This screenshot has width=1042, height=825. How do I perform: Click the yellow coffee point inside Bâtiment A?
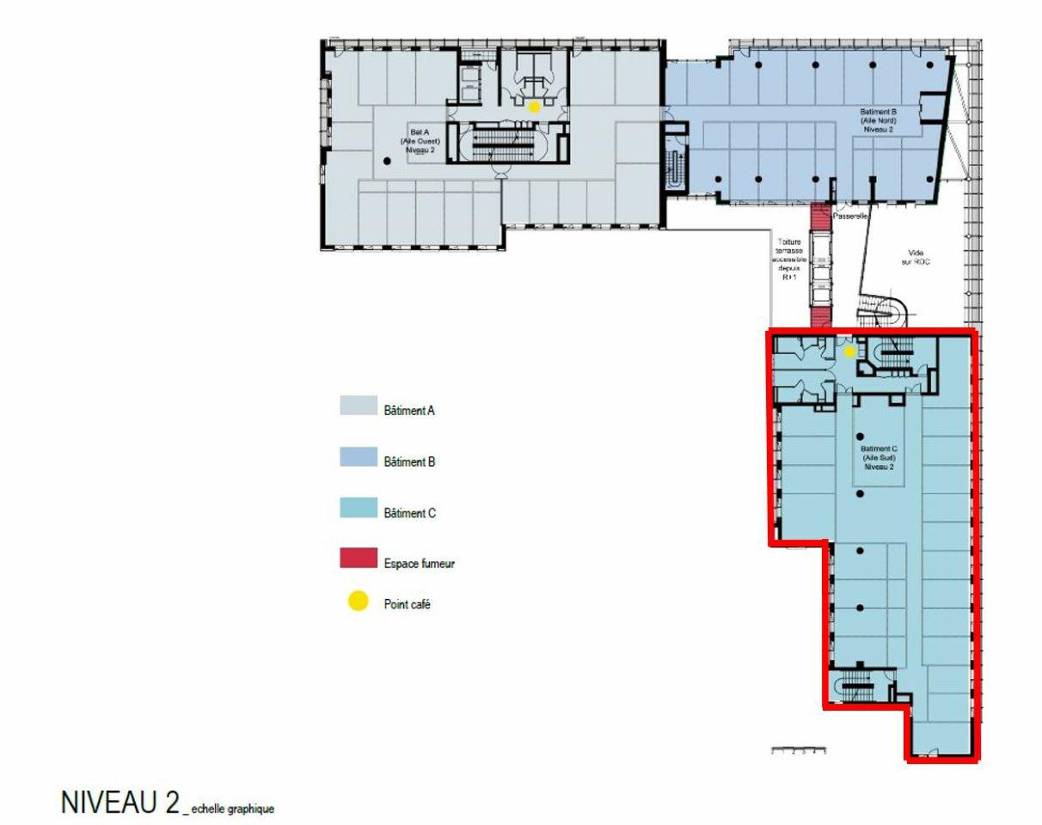pos(534,107)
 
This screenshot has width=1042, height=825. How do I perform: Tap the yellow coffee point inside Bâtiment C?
pos(849,351)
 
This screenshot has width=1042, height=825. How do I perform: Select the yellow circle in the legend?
pos(358,602)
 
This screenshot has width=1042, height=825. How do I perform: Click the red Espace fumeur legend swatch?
pos(359,559)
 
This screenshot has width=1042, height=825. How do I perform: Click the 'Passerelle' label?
pos(850,217)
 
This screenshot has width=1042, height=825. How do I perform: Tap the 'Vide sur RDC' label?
pos(916,257)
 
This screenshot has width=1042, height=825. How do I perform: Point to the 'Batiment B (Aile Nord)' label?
pos(879,121)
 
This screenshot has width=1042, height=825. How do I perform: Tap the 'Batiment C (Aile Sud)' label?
pos(879,457)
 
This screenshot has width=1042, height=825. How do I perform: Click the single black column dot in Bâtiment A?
pos(387,161)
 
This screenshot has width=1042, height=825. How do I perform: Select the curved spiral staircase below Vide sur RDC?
pos(886,314)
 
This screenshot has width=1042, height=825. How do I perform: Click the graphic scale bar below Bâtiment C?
pos(799,751)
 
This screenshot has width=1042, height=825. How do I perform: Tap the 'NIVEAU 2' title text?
pos(120,804)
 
